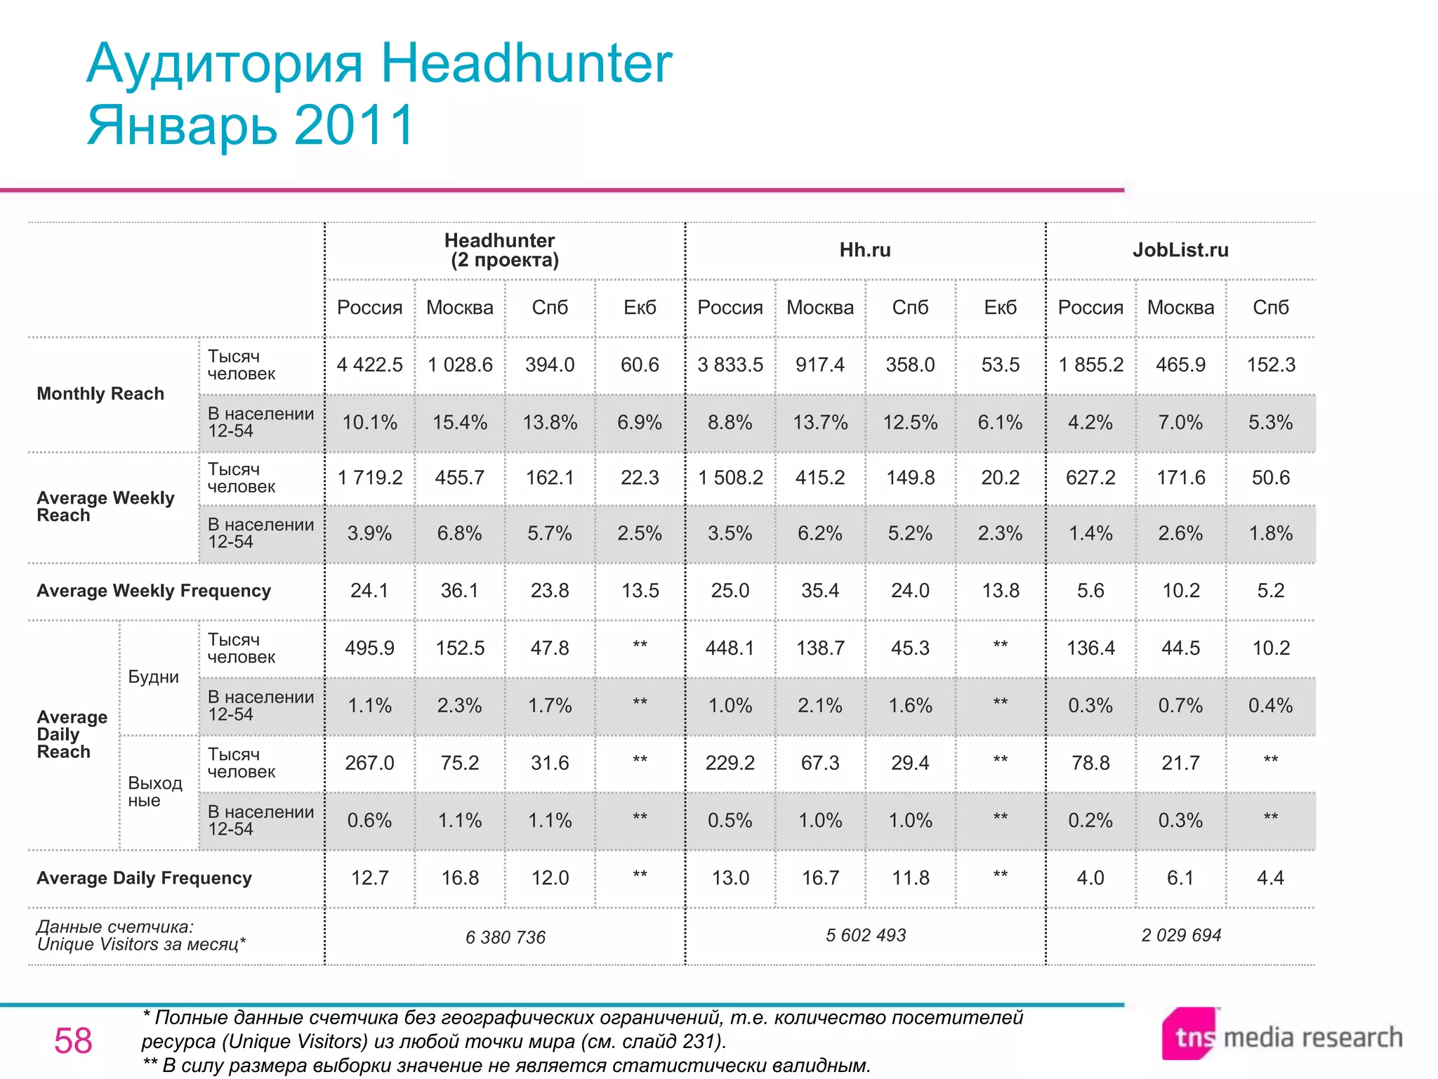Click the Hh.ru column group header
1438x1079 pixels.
click(864, 250)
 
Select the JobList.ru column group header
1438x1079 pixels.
click(1180, 250)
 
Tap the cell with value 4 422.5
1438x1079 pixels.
click(369, 365)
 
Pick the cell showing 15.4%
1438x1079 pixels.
click(460, 422)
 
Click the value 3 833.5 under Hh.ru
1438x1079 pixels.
click(730, 365)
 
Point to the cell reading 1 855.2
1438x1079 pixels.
click(1090, 365)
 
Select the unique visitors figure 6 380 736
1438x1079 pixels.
click(505, 937)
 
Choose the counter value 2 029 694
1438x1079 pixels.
click(1181, 935)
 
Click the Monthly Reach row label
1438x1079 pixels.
click(100, 393)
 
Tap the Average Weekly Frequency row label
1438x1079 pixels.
click(154, 591)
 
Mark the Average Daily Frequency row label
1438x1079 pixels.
click(144, 878)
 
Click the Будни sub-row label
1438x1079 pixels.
click(153, 677)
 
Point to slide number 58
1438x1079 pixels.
click(73, 1040)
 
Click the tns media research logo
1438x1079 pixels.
click(1282, 1035)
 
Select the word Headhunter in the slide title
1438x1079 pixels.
click(527, 63)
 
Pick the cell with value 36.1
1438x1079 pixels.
click(460, 591)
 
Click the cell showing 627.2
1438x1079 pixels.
click(1090, 478)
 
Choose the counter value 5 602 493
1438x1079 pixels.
click(866, 935)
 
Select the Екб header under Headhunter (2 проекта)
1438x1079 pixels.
click(640, 308)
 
